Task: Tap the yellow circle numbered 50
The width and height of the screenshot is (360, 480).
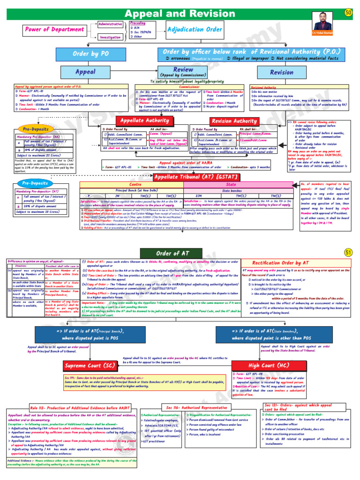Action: [348, 12]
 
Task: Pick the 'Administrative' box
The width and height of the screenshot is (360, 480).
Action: [110, 24]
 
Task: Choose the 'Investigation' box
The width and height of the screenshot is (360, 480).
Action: [110, 37]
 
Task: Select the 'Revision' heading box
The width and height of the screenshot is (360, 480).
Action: [282, 72]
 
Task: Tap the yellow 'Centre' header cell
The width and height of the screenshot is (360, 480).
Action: [135, 185]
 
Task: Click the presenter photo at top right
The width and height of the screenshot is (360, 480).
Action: [328, 22]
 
